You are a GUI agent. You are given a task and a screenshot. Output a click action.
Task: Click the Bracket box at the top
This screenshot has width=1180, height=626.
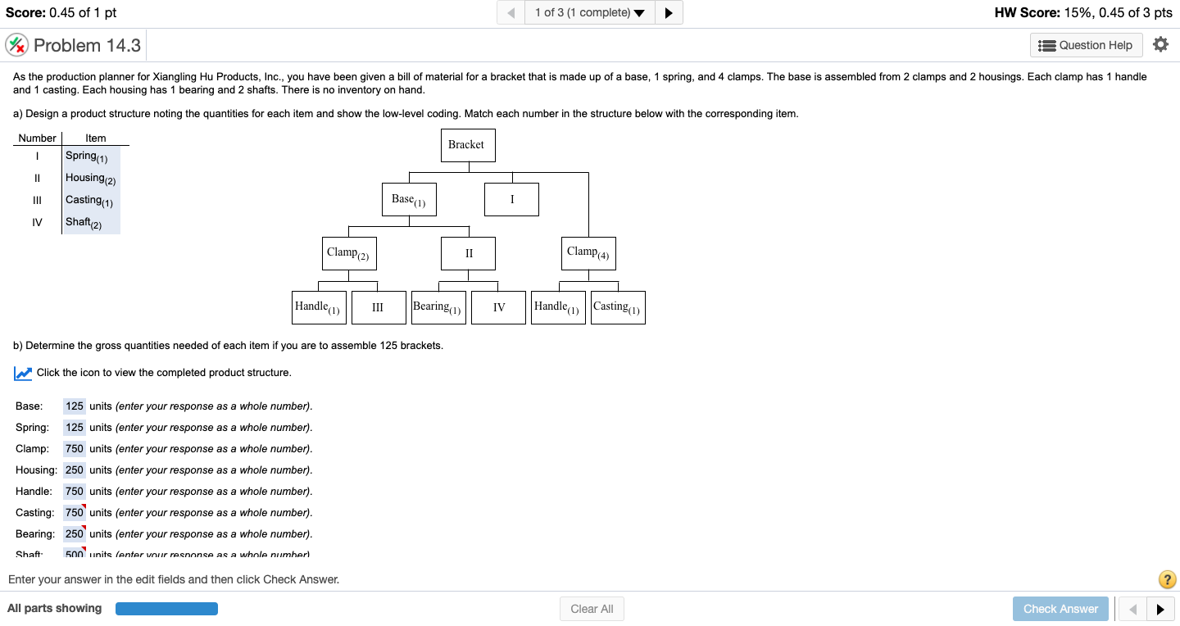pos(467,145)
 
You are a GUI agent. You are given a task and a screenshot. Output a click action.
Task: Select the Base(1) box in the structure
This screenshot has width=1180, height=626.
pos(408,199)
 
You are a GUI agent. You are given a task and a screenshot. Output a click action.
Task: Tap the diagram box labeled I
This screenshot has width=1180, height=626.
pos(511,199)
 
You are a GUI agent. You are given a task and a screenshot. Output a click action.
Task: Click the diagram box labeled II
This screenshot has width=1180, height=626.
pos(469,253)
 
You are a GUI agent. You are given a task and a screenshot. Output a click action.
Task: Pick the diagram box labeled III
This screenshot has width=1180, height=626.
pos(378,307)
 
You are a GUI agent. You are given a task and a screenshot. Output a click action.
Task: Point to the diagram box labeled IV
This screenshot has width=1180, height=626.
pos(498,307)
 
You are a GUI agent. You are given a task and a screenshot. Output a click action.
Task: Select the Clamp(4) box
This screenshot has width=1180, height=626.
pos(588,253)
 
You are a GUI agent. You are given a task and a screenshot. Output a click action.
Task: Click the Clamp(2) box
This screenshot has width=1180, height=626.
pos(348,253)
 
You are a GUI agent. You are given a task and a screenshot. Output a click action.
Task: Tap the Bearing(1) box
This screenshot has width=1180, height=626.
pos(438,307)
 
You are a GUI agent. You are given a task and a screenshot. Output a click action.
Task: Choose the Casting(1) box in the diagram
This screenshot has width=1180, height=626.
pos(618,307)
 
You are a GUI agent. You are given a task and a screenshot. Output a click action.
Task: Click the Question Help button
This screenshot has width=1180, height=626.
pos(1086,45)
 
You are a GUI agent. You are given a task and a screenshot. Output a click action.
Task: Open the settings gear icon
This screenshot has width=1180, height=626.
pos(1160,44)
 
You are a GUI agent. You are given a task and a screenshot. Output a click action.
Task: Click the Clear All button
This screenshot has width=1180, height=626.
pos(592,609)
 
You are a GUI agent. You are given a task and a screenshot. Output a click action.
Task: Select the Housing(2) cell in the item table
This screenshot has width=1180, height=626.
pos(91,179)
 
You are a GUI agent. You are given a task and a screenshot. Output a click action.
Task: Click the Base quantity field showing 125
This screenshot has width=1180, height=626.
pos(75,406)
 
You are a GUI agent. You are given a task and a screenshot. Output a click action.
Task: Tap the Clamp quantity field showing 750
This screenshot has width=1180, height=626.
pos(75,449)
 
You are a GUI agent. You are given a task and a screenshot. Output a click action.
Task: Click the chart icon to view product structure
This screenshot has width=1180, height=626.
pos(23,374)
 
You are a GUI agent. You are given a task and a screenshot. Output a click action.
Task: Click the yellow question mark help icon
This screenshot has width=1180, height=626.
pos(1168,579)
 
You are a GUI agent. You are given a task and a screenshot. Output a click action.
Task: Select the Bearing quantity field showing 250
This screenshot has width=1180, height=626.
pos(75,534)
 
